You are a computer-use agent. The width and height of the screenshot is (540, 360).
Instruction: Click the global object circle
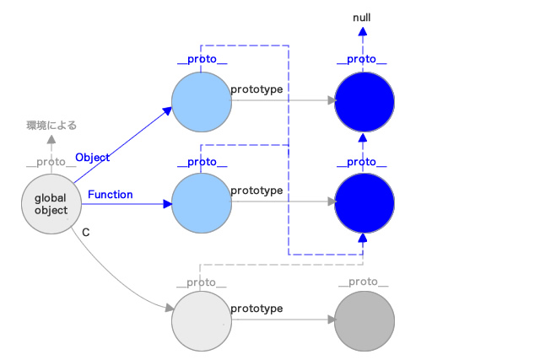[51, 204]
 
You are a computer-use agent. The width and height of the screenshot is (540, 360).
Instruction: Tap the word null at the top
[362, 18]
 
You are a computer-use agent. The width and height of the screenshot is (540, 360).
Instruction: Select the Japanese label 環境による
[51, 126]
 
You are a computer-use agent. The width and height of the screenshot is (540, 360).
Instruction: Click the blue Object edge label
[93, 158]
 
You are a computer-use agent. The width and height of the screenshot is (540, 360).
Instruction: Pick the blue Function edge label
[111, 195]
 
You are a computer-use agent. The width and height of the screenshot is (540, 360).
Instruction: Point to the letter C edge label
[86, 233]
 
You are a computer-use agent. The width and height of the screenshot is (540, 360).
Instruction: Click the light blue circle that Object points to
[202, 102]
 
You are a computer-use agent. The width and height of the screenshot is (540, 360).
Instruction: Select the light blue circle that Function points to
[202, 203]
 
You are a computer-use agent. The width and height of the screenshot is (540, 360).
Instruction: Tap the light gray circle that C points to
[202, 321]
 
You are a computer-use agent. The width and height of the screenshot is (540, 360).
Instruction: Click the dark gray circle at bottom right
[364, 321]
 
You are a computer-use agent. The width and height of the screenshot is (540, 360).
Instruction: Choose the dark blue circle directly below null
[364, 102]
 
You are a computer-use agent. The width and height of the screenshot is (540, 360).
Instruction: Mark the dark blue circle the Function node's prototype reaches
[364, 203]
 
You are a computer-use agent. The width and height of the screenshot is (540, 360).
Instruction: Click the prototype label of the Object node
[256, 89]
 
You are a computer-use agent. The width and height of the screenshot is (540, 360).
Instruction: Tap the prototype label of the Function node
[256, 191]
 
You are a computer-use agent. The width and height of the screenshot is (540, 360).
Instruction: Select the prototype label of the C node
[256, 309]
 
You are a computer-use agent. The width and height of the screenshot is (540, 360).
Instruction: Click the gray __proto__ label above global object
[51, 162]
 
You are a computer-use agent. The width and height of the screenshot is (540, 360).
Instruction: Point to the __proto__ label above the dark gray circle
[364, 282]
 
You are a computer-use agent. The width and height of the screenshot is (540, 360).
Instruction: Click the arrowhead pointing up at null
[362, 31]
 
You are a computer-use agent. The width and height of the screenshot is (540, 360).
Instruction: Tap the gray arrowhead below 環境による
[51, 139]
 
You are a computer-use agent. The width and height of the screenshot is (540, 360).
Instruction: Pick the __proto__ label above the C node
[202, 282]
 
